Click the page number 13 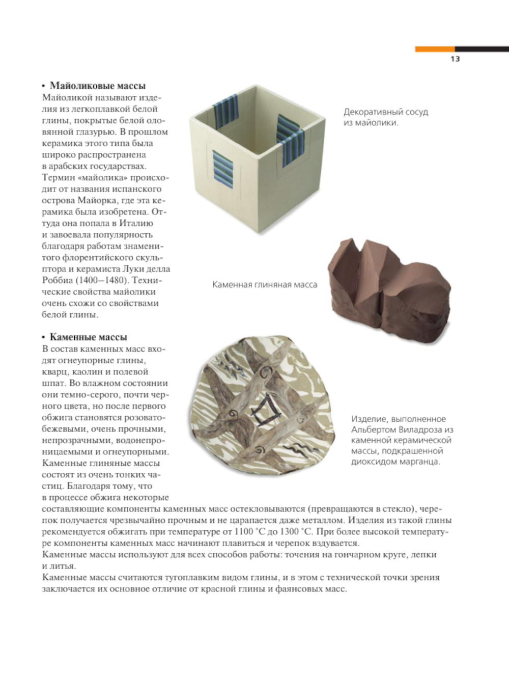[x=455, y=59]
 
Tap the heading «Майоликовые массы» [x=97, y=86]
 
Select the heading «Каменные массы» [x=88, y=337]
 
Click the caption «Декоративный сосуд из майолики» [x=385, y=117]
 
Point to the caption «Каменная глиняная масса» [x=264, y=285]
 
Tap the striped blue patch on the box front [x=222, y=170]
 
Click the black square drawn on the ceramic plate [x=265, y=412]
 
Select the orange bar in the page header [x=435, y=49]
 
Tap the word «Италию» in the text [x=137, y=223]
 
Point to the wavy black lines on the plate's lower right [x=297, y=449]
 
